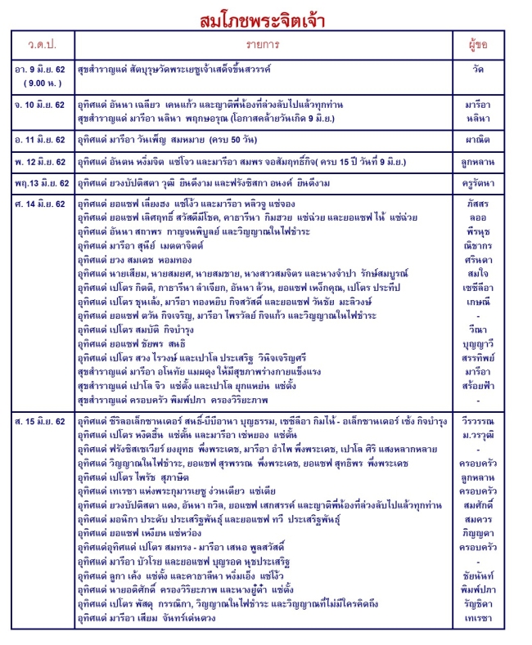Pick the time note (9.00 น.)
(x=38, y=83)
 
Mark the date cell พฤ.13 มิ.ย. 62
(x=40, y=181)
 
